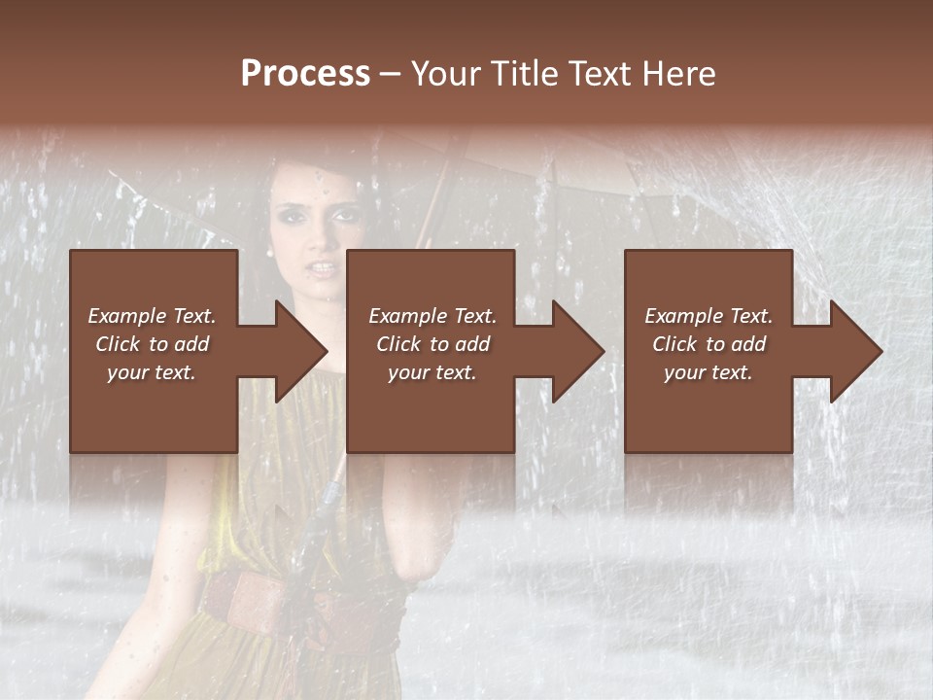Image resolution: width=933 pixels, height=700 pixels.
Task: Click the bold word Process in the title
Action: tap(305, 74)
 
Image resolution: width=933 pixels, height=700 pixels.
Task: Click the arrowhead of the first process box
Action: tap(302, 351)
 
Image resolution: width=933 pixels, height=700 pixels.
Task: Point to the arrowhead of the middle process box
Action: tap(579, 351)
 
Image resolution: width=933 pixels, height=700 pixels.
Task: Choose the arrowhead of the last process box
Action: tap(857, 351)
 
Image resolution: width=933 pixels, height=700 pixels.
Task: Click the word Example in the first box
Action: tap(125, 316)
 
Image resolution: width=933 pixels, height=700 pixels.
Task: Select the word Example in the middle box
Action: tap(406, 316)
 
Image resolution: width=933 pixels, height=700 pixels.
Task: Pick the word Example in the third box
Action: tap(682, 316)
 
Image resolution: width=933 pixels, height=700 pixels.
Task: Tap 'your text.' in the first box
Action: tap(152, 372)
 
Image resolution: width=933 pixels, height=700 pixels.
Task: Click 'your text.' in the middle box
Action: tap(432, 372)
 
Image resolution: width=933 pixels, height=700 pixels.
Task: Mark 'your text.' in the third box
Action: tap(708, 372)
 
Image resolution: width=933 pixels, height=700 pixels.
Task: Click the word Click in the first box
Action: tap(119, 344)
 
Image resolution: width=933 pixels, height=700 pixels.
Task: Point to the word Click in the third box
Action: tap(675, 344)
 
